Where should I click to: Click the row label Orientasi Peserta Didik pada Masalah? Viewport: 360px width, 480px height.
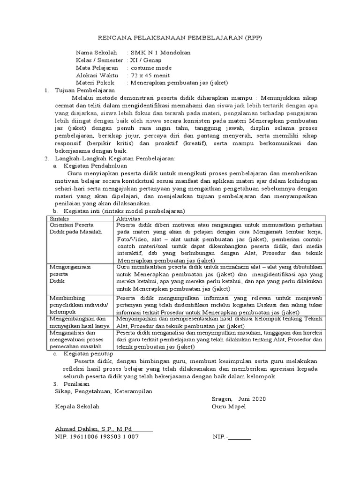click(75, 228)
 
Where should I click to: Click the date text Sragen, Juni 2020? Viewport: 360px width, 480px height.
click(238, 399)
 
